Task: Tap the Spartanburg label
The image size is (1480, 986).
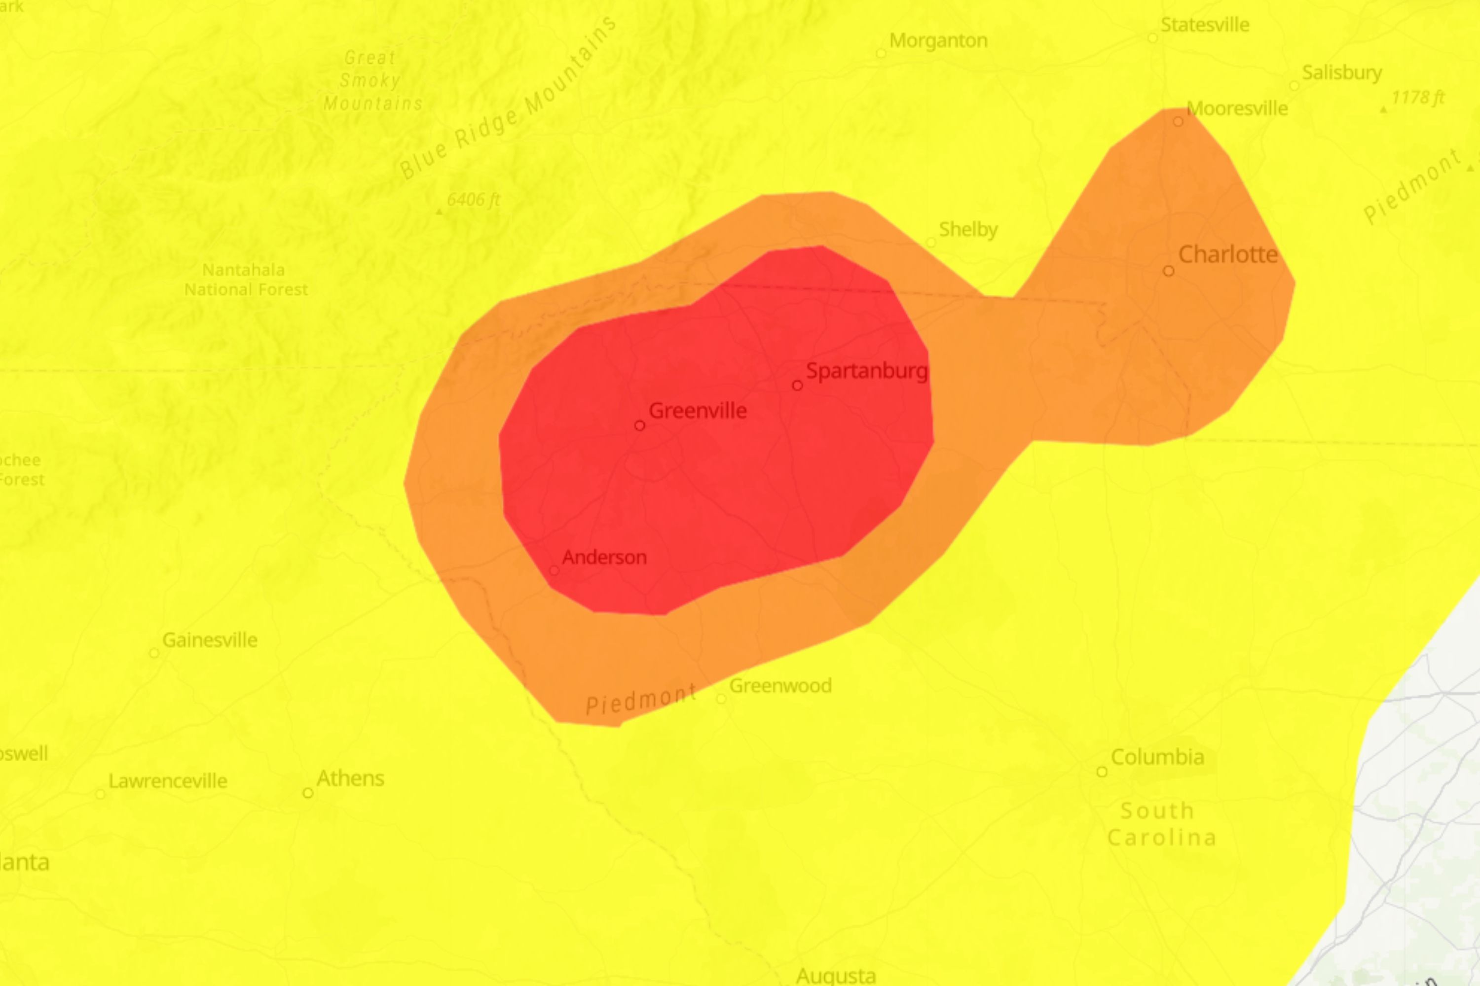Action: coord(866,371)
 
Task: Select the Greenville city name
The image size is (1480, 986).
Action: coord(697,411)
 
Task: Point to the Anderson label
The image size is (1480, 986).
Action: coord(604,557)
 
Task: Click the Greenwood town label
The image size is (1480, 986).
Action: coord(780,685)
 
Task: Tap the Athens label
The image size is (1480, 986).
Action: coord(350,778)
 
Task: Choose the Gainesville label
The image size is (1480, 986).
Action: coord(210,640)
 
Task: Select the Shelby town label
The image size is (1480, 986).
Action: coord(968,230)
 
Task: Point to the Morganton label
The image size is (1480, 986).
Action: coord(938,41)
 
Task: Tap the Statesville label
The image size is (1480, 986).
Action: coord(1204,25)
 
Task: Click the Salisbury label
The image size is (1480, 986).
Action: coord(1341,73)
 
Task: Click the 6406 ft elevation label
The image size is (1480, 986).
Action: coord(473,200)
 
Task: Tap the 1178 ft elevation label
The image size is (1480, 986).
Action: coord(1418,98)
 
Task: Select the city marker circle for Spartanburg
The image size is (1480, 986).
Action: coord(797,385)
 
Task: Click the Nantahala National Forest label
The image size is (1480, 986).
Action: coord(245,280)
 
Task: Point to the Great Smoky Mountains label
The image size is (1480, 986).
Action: coord(372,80)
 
